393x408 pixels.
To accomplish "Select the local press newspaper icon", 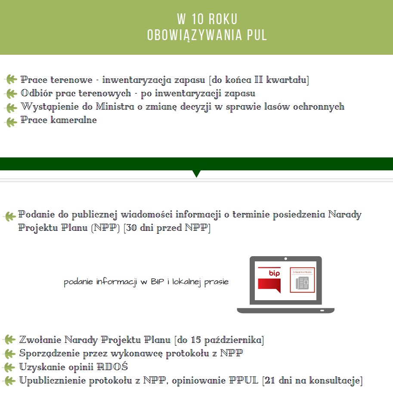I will coord(302,280).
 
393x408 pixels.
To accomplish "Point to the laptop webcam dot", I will coord(285,259).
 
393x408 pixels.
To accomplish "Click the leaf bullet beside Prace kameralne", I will coord(11,121).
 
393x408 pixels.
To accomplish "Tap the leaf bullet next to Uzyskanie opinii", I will coord(9,367).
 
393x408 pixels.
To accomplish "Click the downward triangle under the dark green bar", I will coord(196,173).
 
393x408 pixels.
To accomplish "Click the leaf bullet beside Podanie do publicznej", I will coord(9,216).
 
